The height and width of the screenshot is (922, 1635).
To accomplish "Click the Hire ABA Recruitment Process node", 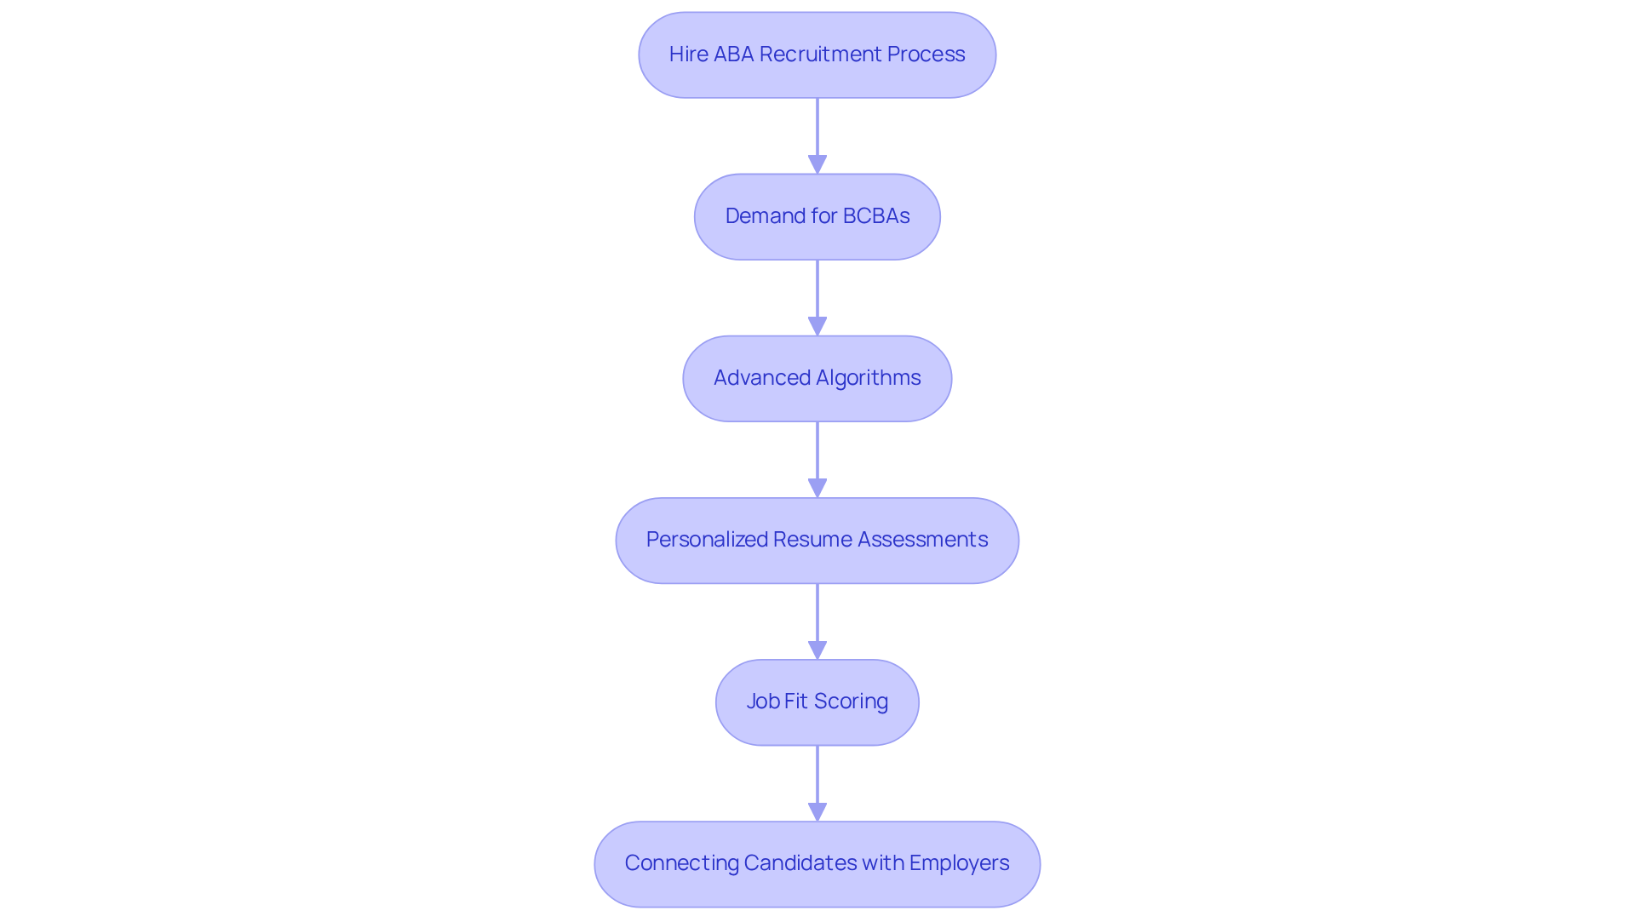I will (x=817, y=54).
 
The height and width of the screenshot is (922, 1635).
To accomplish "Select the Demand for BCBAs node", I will (x=817, y=216).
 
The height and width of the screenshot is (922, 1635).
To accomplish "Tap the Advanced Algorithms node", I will (x=817, y=378).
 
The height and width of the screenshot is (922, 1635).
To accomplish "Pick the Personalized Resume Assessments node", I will (x=817, y=540).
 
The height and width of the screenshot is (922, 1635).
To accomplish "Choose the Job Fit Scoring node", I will (x=817, y=702).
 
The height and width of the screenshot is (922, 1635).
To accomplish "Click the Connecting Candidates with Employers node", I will (x=817, y=863).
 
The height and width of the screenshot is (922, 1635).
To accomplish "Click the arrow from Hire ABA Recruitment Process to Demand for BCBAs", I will (x=817, y=132).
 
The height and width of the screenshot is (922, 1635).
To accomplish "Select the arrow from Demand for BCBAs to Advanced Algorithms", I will (x=817, y=294).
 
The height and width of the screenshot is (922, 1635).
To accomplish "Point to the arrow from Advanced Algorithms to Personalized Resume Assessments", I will (x=817, y=455).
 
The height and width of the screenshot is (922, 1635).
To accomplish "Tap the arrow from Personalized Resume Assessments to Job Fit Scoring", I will (x=817, y=617).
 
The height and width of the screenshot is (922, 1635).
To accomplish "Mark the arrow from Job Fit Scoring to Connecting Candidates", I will (x=817, y=779).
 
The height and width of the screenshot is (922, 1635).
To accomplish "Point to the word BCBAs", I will (x=876, y=216).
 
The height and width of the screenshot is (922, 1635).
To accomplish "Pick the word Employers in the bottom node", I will (x=959, y=863).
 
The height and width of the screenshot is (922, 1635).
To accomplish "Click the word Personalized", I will (x=706, y=540).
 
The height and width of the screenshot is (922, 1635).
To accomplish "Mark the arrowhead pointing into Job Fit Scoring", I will (x=817, y=650).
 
